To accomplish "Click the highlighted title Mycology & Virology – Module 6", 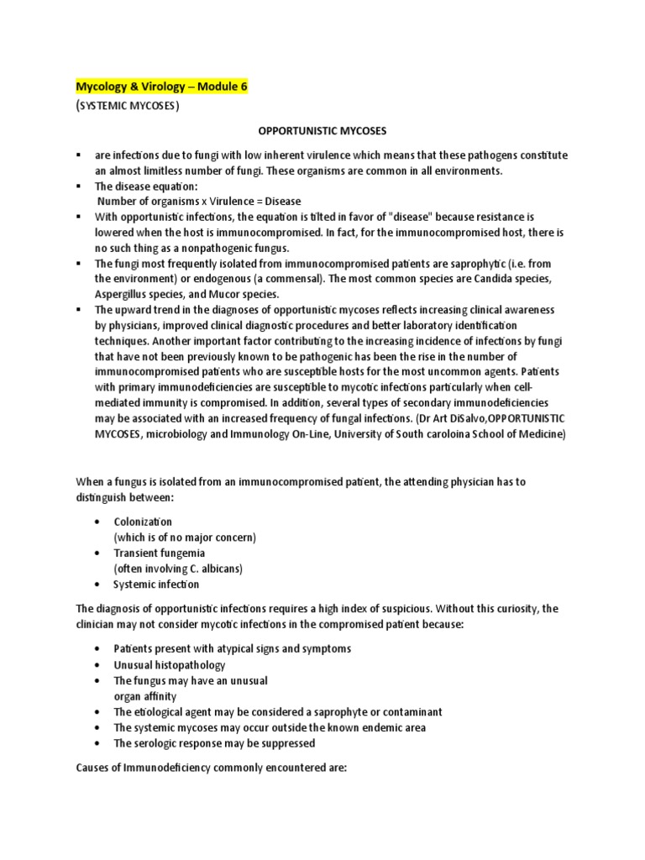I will pos(162,87).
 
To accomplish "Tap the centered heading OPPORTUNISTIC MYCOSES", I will pos(322,132).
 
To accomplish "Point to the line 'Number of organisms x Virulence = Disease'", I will pos(198,201).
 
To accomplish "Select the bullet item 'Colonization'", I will pos(143,522).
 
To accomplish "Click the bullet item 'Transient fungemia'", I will pos(159,553).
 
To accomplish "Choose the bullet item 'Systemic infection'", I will pos(156,584).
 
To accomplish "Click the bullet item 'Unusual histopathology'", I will pos(170,664).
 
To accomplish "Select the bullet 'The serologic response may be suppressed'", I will pos(214,742).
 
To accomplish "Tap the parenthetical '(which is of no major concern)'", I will pos(185,537).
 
